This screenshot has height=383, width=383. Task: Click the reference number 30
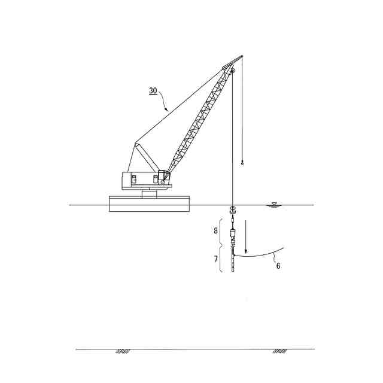coord(153,90)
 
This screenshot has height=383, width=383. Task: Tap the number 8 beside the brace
coord(215,230)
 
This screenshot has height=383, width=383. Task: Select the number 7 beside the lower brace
coord(216,259)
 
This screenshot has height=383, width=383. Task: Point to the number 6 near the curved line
coord(278,266)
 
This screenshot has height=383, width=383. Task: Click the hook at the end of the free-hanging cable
coord(242,162)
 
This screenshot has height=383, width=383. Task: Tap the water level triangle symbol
coord(275,203)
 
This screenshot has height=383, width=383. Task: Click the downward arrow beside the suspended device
coord(246,236)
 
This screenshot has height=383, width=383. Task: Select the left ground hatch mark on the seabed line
coord(123,351)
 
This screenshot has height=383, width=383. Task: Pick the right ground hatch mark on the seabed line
coord(279,351)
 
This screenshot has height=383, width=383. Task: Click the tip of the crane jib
coord(242,56)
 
